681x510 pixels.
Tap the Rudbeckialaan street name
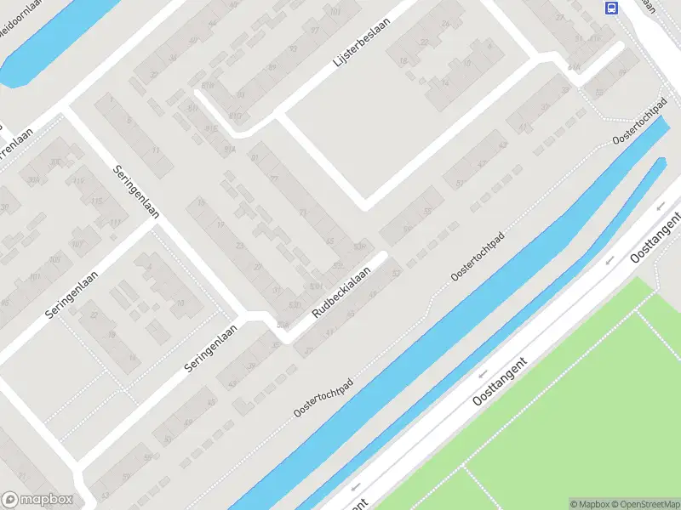point(341,294)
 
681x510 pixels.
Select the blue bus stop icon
point(610,8)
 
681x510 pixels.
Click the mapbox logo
point(37,500)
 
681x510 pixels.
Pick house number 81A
point(229,149)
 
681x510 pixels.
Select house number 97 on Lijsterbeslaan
point(315,31)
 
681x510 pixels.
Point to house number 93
point(295,48)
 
